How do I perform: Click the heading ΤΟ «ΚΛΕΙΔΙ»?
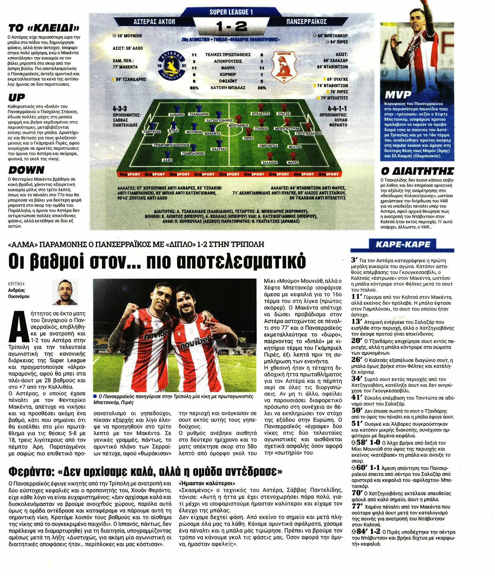[44, 29]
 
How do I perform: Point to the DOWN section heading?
[26, 170]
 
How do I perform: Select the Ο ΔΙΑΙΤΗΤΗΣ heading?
[417, 171]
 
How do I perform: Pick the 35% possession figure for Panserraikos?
[262, 88]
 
